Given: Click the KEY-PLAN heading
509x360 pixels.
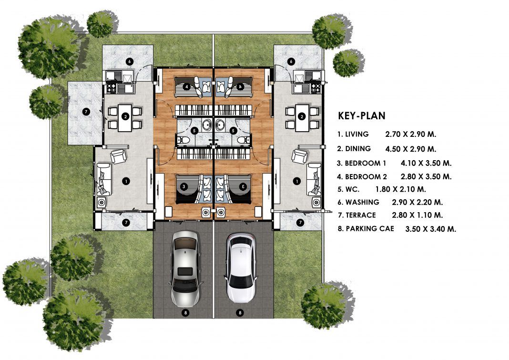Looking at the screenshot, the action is click(362, 116).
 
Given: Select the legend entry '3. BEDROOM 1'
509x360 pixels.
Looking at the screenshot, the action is click(361, 163).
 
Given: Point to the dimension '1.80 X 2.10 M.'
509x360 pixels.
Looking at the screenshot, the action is click(401, 189).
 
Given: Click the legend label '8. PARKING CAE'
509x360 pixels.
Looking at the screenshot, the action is click(366, 229).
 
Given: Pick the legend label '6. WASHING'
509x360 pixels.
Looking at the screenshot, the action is click(358, 202).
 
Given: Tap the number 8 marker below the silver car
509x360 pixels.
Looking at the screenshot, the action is click(185, 313).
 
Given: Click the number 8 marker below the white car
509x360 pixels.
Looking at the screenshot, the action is click(240, 313).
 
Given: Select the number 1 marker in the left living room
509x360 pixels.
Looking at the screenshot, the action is click(126, 181).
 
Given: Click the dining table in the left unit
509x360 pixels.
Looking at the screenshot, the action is click(125, 117).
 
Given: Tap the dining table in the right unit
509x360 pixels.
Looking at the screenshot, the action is click(302, 117).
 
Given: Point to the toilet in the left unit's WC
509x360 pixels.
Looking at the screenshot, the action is click(183, 140).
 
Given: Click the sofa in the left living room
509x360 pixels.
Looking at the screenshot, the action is click(104, 179).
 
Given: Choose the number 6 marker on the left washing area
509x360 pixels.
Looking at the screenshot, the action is click(129, 62).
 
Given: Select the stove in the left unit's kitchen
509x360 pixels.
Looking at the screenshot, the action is click(112, 88).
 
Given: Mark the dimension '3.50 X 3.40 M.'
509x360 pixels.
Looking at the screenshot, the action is click(431, 229).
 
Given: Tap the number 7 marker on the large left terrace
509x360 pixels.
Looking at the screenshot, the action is click(86, 112).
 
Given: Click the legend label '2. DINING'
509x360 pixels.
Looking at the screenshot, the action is click(354, 149).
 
